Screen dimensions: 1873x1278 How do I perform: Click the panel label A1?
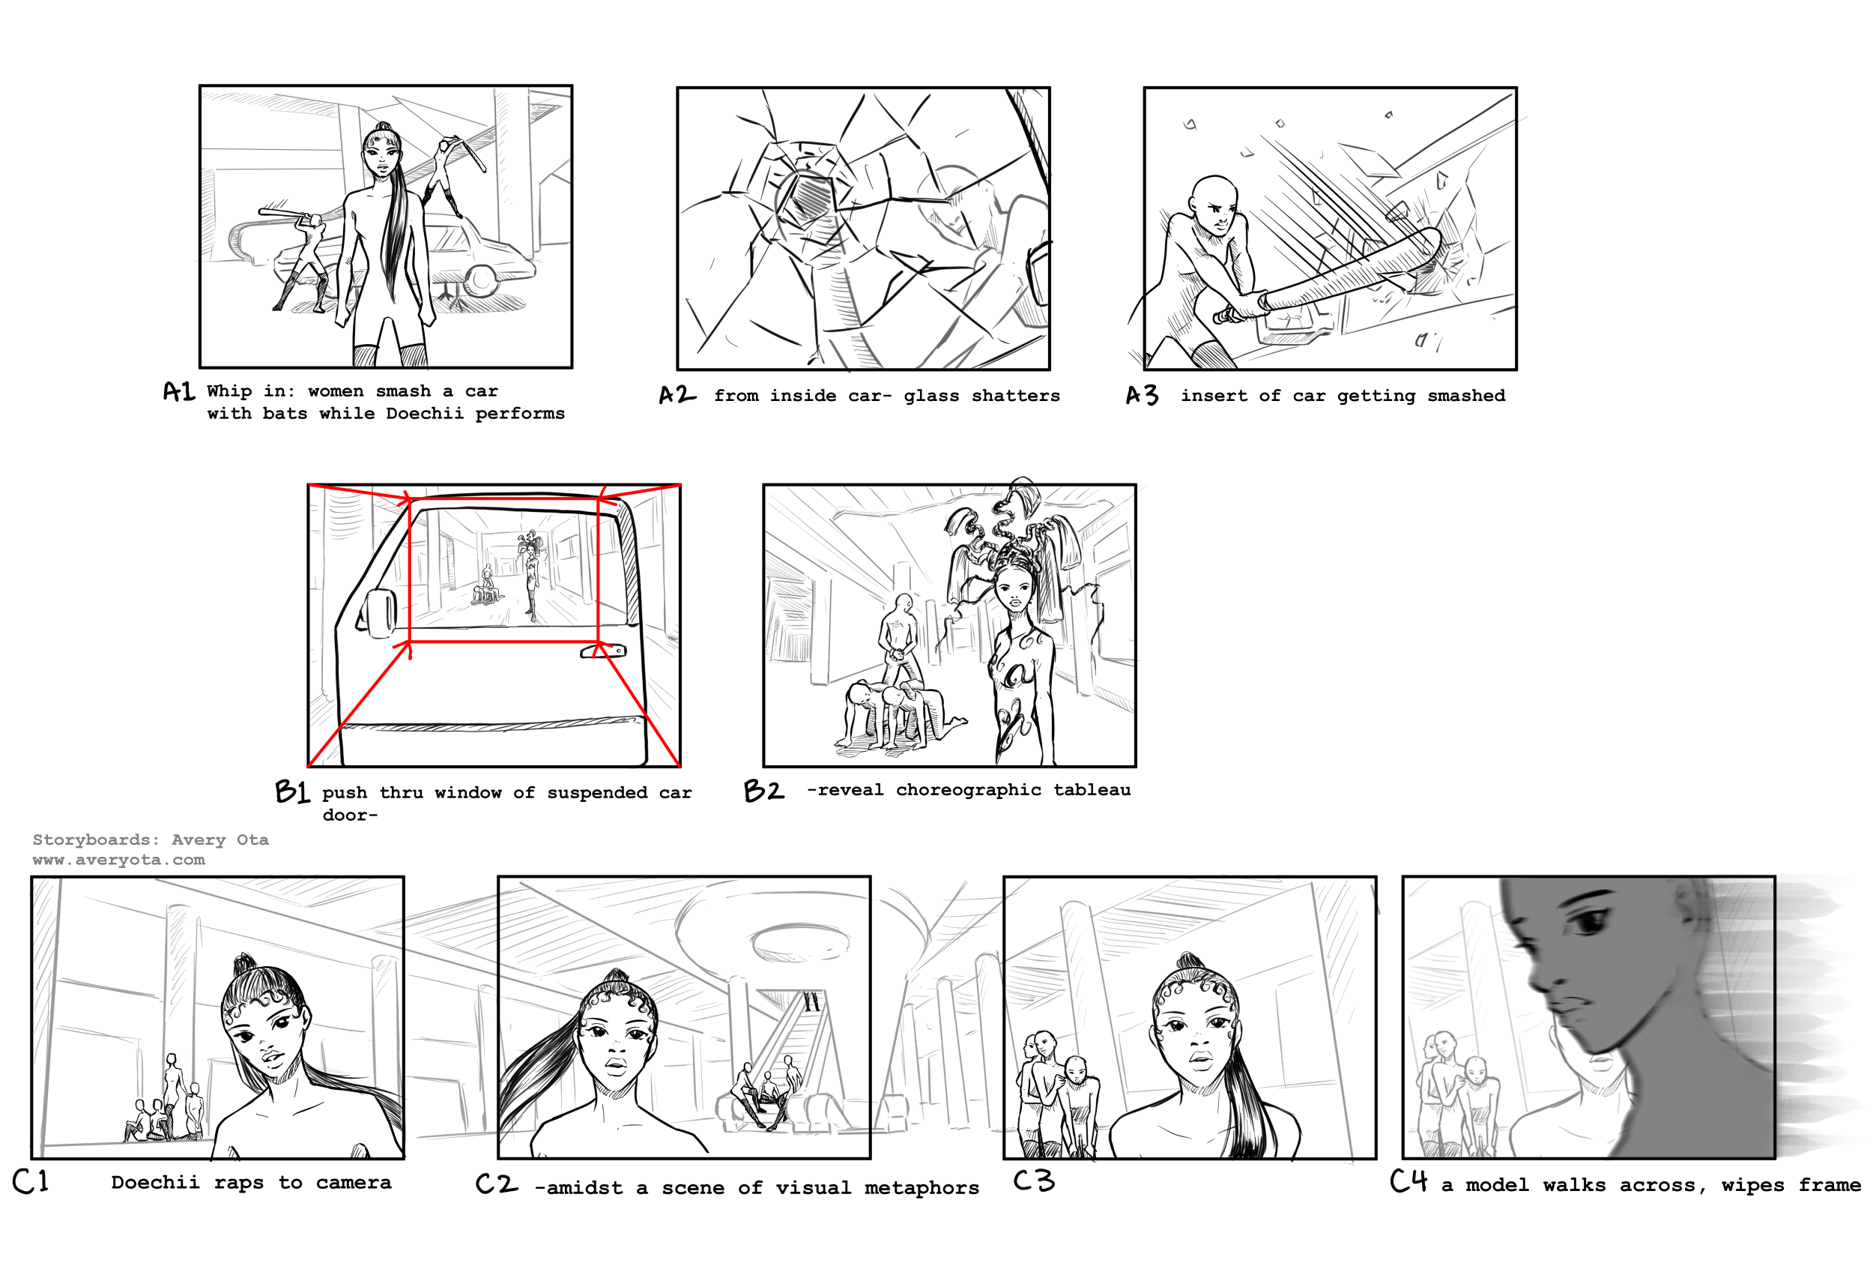coord(179,391)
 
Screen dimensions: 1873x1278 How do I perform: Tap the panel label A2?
coord(677,394)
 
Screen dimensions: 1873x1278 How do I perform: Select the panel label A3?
coord(1142,394)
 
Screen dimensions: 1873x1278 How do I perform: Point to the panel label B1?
coord(291,791)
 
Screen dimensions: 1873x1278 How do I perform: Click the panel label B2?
coord(763,789)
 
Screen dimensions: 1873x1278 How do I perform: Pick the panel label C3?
coord(1034,1181)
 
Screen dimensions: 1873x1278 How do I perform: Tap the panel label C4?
coord(1408,1181)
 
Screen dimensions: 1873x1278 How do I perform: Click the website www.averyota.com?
coord(118,860)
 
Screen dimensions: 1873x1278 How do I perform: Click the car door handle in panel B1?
coord(603,650)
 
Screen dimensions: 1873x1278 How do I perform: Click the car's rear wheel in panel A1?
coord(481,279)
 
